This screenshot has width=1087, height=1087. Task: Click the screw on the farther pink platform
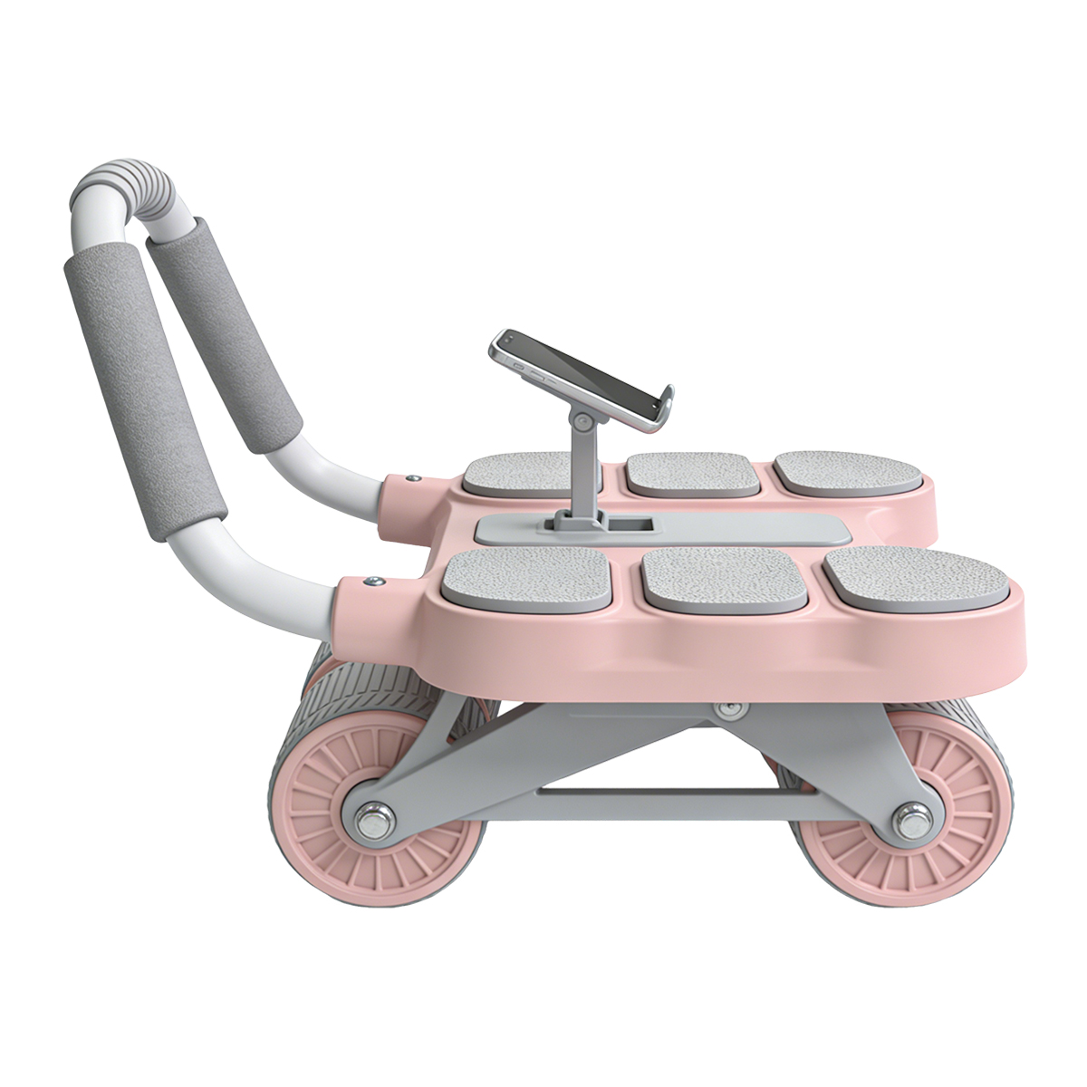coord(412,477)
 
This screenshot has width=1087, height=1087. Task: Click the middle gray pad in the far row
coord(693,474)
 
